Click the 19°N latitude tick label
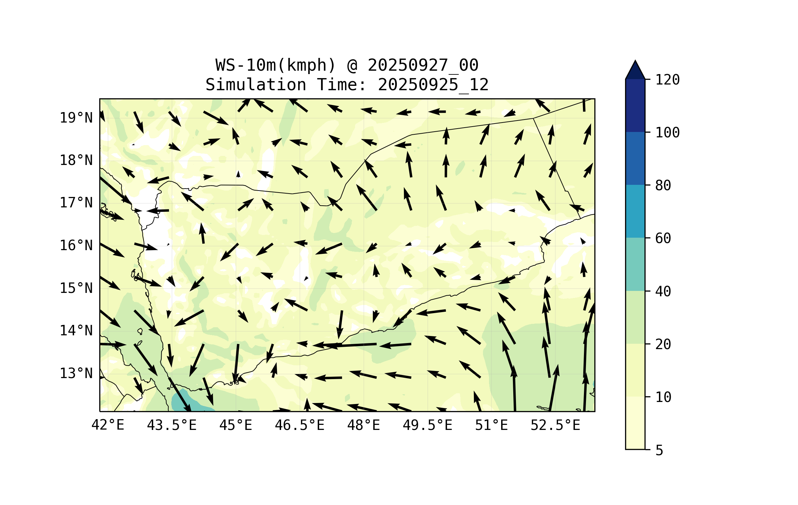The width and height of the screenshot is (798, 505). pos(76,118)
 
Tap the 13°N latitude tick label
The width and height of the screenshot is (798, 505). pos(76,373)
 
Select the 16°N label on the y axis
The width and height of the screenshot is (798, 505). pos(76,245)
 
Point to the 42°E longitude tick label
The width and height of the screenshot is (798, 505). pos(108,425)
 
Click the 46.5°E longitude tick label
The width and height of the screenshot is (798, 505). pos(300,425)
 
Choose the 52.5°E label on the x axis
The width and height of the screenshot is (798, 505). pos(555,425)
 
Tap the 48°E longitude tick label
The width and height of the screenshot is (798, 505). pos(363,425)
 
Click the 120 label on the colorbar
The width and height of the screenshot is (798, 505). pos(667,80)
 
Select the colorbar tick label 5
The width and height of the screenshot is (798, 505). pos(659,450)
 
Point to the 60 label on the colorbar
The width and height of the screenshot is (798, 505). pos(663,238)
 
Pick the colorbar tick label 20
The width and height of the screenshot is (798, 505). pos(663,344)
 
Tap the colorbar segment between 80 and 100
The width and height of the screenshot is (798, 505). pos(635,158)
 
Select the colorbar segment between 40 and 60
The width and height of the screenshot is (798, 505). pos(635,264)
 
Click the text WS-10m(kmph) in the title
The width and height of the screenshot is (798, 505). pos(276,65)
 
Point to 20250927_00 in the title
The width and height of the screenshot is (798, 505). pos(423,65)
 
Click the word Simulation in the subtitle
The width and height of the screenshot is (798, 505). pos(256,85)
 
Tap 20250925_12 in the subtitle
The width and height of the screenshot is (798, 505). pos(433,85)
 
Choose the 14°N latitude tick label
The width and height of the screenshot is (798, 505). pos(76,331)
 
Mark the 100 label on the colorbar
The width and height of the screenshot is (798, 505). pos(667,133)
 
